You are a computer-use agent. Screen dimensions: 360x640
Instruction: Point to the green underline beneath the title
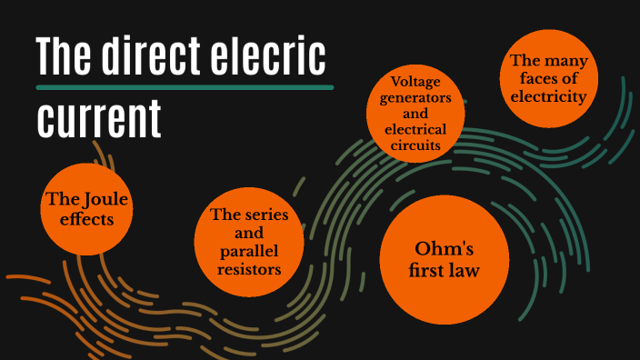coord(185,87)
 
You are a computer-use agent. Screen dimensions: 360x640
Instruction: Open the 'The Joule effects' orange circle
coord(87,208)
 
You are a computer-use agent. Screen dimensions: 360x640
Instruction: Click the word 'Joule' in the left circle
coord(104,199)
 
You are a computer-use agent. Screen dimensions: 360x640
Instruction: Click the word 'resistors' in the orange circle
coord(248,268)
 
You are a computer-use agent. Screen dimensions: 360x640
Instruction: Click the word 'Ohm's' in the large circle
coord(442,248)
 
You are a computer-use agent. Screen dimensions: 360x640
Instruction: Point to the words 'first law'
coord(442,271)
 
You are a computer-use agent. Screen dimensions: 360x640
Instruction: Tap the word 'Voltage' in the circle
coord(415,84)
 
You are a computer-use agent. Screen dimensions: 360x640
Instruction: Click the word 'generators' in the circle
coord(415,99)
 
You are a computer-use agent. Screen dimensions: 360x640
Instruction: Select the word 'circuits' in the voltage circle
coord(415,145)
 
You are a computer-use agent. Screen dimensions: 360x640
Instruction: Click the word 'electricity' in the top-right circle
coord(547,95)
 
